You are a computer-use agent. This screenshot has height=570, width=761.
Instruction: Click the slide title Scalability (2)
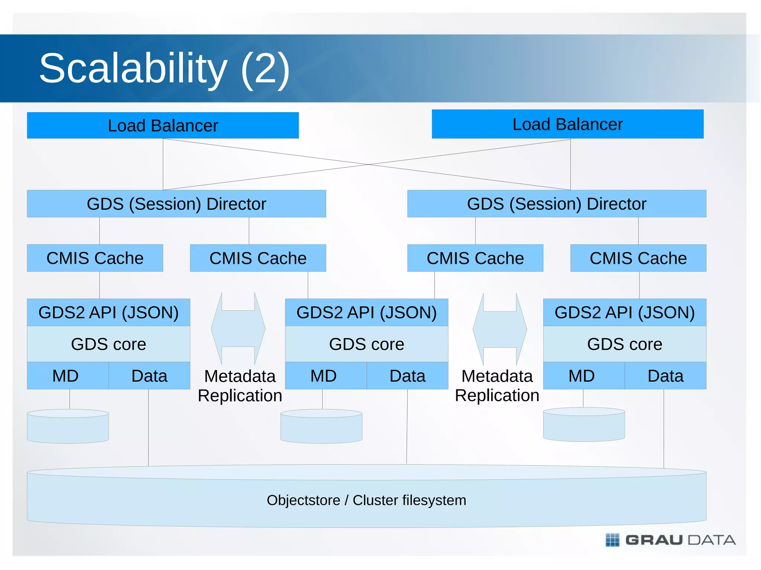(x=164, y=68)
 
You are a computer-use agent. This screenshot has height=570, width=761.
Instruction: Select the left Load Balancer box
(x=163, y=126)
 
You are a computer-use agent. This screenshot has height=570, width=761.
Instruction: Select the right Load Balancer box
(x=567, y=124)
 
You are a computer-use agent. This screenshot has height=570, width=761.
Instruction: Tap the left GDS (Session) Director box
(x=177, y=204)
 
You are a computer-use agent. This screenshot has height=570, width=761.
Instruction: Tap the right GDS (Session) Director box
(x=557, y=204)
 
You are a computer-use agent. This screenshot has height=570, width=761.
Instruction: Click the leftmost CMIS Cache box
(x=95, y=258)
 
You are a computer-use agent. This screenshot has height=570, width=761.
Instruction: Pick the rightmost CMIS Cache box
(x=638, y=258)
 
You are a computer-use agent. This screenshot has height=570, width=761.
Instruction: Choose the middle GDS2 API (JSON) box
(x=366, y=312)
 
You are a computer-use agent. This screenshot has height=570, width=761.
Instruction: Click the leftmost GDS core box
(x=109, y=344)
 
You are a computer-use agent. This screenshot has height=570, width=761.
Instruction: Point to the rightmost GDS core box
(x=625, y=344)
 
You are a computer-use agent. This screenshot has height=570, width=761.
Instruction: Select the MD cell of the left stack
(x=66, y=376)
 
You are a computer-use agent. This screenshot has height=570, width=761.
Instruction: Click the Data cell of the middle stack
(x=407, y=376)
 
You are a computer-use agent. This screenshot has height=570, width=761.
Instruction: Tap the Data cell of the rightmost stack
(x=665, y=376)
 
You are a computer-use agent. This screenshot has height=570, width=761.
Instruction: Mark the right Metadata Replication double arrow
(x=500, y=329)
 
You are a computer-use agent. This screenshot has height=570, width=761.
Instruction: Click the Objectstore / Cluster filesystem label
(x=366, y=500)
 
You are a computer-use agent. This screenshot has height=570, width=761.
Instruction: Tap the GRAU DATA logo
(x=671, y=540)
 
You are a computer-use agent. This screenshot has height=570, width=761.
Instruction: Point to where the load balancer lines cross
(x=367, y=165)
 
